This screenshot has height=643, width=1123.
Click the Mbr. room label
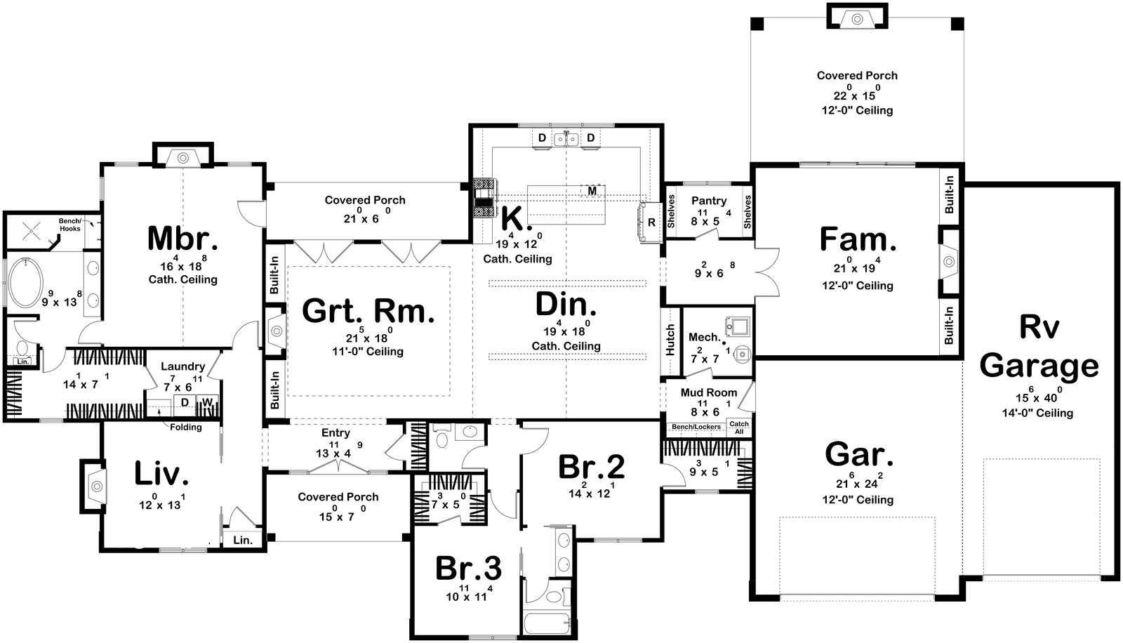coord(182,239)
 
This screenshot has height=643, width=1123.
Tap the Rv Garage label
coord(1039,347)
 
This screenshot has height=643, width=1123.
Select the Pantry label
coord(708,201)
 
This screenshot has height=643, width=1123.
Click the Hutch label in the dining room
coord(670,339)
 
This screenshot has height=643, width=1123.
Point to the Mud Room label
coord(708,392)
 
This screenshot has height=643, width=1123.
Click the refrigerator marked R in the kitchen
coord(651,223)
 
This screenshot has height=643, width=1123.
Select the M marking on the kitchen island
coord(592,191)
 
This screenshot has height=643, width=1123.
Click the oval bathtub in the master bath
coord(25,283)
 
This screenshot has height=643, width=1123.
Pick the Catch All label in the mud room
coord(739,427)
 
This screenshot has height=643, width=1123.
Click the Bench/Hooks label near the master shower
coord(69,225)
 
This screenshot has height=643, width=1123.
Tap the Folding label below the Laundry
coord(186,427)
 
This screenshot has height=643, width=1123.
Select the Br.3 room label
coord(468,569)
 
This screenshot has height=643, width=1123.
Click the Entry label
coord(335,433)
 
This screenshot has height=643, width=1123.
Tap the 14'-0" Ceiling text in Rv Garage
coord(1037,413)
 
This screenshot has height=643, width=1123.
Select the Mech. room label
coord(704,338)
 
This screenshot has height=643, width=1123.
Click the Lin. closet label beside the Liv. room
coord(242,540)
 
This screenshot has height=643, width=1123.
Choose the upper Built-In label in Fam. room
coord(949,194)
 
